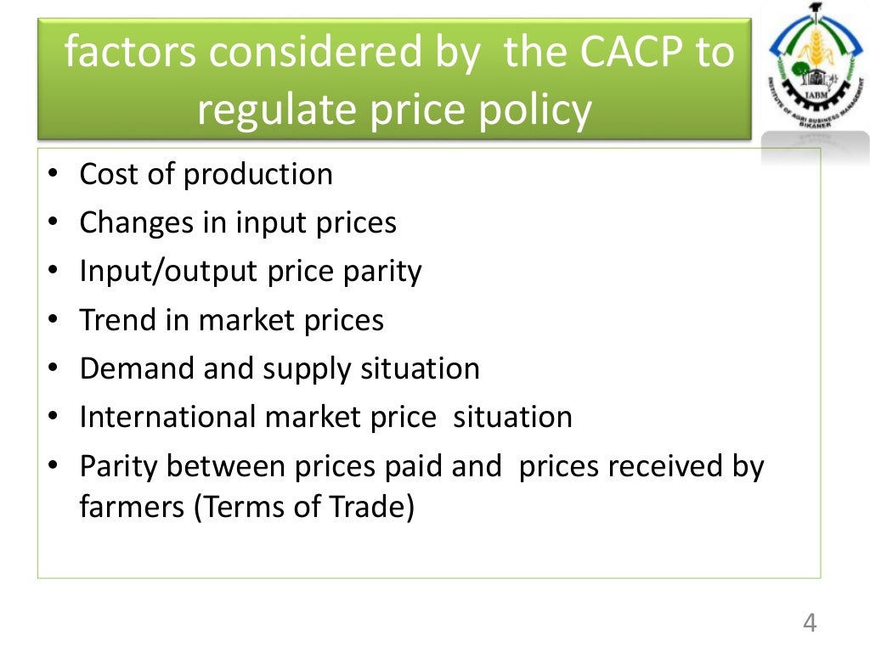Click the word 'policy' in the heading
pyautogui.click(x=539, y=110)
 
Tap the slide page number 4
pyautogui.click(x=810, y=623)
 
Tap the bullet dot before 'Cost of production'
pyautogui.click(x=53, y=176)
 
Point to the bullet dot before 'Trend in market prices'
pyautogui.click(x=53, y=321)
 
